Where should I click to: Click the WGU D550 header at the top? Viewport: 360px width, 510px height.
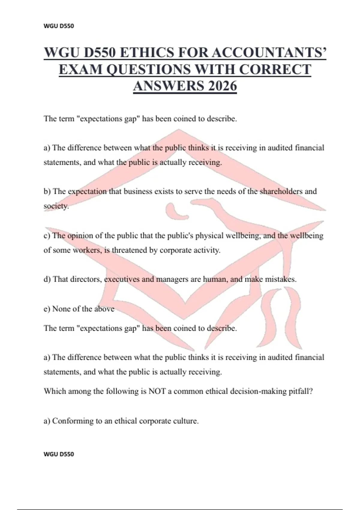point(59,26)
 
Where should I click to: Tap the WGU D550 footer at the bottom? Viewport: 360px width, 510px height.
point(59,454)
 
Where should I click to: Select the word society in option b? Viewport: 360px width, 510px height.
point(56,206)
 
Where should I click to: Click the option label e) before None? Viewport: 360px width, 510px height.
point(47,309)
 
